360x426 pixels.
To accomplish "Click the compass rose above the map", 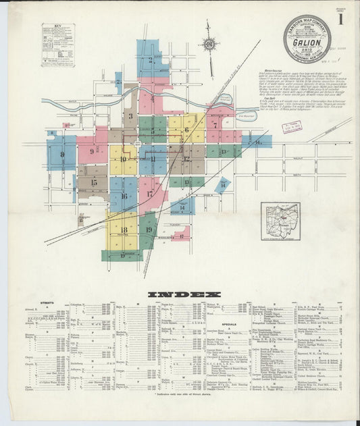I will (209, 45).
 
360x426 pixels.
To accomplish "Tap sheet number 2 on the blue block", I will (151, 59).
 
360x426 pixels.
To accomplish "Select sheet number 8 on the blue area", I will (61, 154).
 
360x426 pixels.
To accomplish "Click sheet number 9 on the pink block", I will (91, 151).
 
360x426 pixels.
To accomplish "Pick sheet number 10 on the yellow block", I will (124, 159).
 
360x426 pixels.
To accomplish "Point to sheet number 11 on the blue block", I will (153, 159).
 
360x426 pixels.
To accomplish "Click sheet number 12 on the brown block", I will (186, 159).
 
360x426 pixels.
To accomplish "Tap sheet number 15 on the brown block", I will (93, 182).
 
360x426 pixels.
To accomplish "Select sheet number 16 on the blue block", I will (124, 196).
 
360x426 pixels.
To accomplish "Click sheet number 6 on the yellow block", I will (187, 129).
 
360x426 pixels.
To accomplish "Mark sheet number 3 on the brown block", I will (131, 116).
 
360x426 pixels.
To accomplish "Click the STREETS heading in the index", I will (47, 303).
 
